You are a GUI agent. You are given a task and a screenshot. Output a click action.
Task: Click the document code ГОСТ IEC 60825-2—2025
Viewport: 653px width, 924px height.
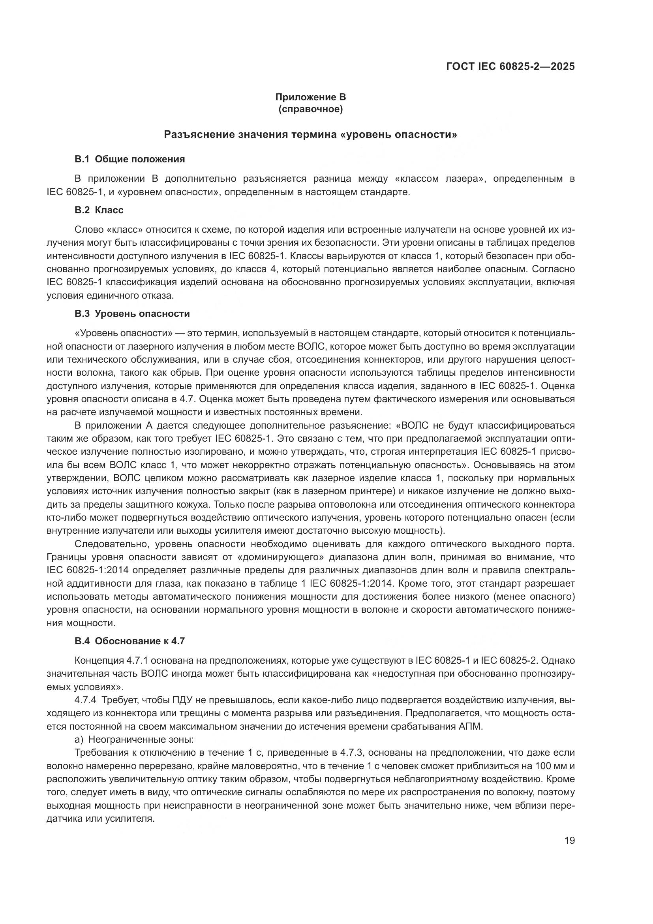click(510, 67)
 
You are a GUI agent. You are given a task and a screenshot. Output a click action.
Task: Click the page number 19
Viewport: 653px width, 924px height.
click(569, 840)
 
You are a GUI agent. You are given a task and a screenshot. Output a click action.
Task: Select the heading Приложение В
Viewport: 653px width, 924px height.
click(310, 97)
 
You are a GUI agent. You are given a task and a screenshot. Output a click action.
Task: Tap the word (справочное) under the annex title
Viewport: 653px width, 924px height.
click(310, 109)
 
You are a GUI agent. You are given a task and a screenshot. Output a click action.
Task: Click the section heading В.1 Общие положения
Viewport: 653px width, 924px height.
click(129, 159)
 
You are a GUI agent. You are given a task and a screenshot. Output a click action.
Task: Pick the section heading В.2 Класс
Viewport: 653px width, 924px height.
click(99, 210)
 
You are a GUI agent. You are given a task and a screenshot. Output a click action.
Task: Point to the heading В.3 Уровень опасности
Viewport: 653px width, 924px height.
click(132, 314)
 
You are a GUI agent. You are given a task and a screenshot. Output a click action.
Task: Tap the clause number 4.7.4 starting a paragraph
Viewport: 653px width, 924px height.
click(85, 700)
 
